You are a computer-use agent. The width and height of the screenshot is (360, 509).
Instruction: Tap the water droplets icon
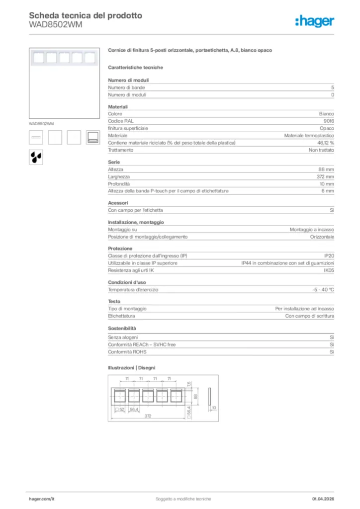(x=35, y=157)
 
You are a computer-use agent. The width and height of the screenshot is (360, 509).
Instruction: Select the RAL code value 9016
(x=329, y=121)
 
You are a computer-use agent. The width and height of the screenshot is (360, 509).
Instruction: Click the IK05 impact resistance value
(x=329, y=270)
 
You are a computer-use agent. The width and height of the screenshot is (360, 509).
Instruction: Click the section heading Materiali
(x=118, y=107)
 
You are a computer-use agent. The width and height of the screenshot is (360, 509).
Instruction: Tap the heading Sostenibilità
(x=122, y=329)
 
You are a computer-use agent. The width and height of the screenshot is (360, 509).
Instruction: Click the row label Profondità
(x=119, y=184)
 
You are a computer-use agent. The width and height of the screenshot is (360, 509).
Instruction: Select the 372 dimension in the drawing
(x=148, y=416)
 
